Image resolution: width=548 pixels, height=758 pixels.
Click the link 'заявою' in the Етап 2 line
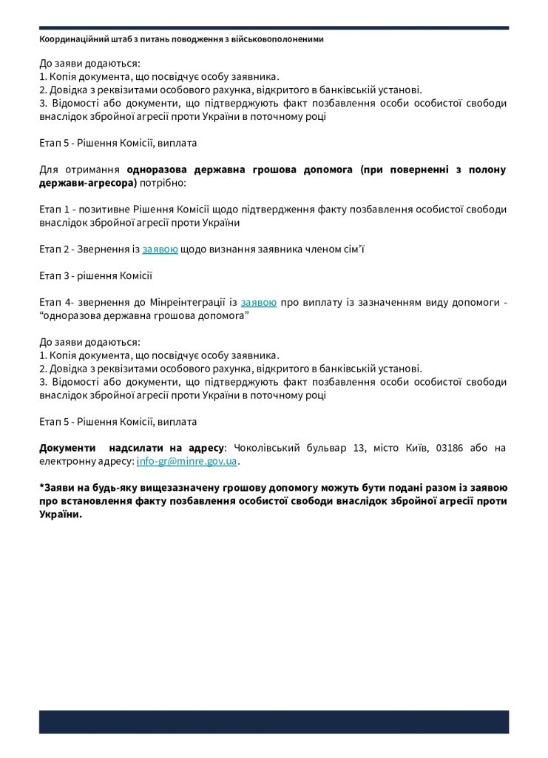[160, 249]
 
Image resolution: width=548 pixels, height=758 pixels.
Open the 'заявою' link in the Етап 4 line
[259, 302]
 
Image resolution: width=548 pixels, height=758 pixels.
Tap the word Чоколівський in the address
[268, 448]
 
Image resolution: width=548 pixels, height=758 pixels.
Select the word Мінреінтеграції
[194, 302]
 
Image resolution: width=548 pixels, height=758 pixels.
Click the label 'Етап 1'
[54, 209]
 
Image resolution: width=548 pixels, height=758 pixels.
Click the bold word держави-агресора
[88, 182]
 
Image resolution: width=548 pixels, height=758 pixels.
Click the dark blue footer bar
[274, 722]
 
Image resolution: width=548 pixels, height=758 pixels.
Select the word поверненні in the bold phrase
[411, 170]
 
